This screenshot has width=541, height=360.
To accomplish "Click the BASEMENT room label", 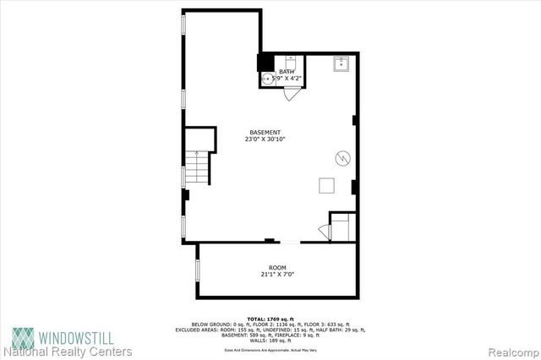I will coord(265,131).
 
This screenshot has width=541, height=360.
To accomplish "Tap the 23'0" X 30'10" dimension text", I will coord(265,139).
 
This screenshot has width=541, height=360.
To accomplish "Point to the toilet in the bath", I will coord(289,61).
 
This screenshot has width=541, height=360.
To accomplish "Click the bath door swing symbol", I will coord(292,94).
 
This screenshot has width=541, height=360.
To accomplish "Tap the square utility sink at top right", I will coord(342,63).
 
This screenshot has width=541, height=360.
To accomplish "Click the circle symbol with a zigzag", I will coord(342,157).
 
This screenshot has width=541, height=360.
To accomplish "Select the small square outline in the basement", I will coord(326,187).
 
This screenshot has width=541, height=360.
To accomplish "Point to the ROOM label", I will coord(277,266).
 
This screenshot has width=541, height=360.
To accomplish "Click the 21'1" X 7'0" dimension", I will coord(277,274).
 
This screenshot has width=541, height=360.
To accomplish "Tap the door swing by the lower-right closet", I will coord(323,232).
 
